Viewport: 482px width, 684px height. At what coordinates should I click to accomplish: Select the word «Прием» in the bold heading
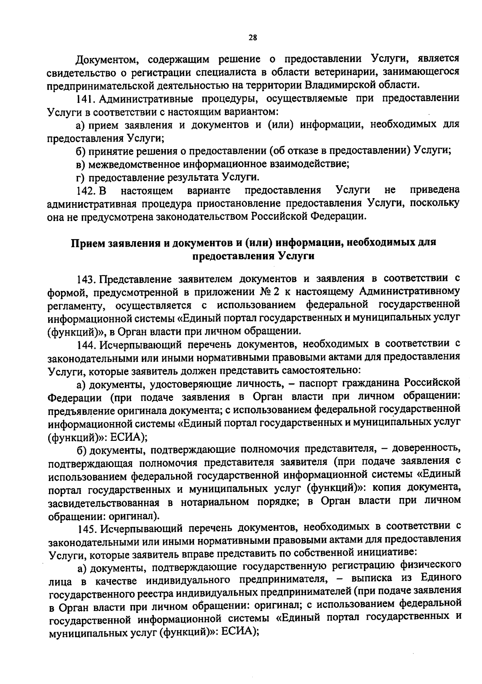(x=89, y=243)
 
